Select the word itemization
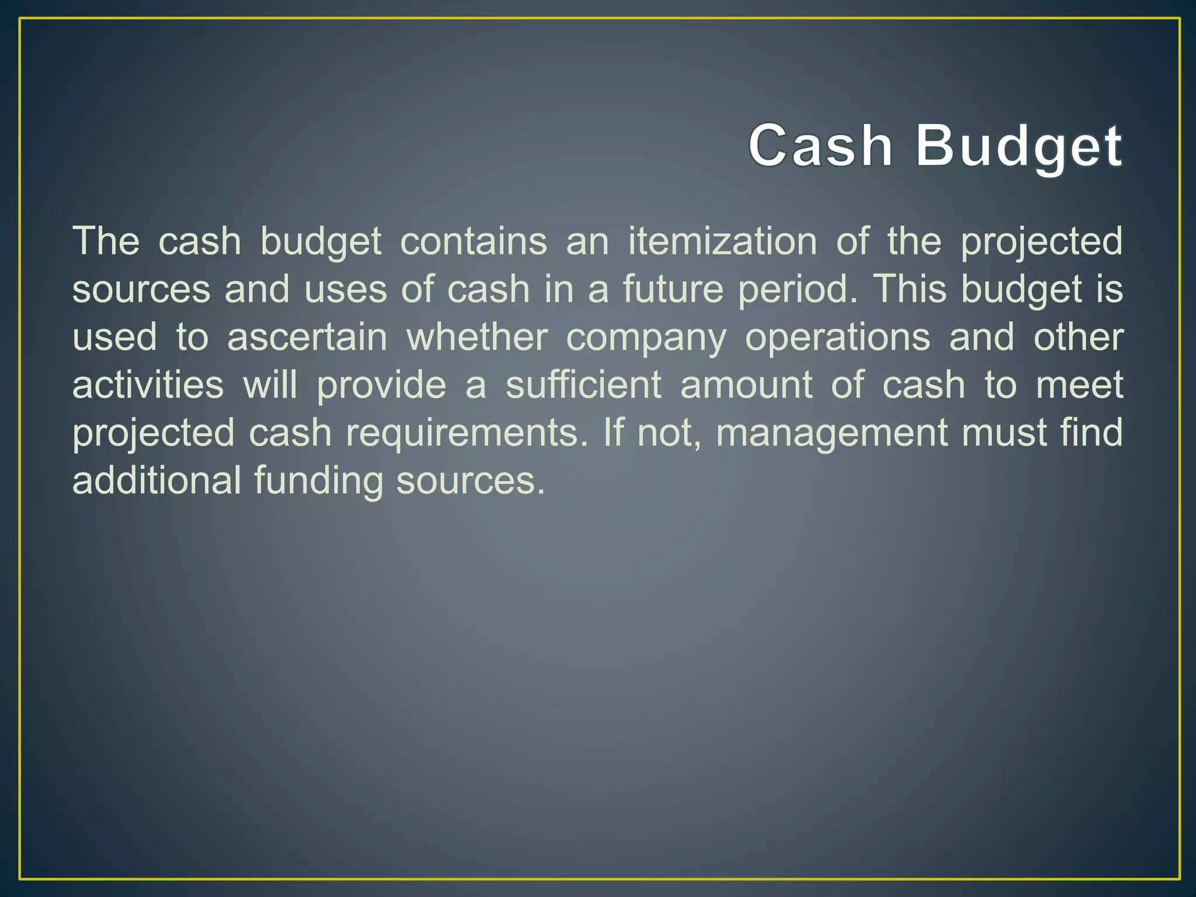[x=722, y=241]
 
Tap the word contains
[x=474, y=241]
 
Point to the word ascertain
[x=307, y=337]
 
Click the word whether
[x=477, y=337]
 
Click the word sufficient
[x=583, y=385]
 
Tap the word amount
[x=746, y=385]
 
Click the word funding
[x=318, y=482]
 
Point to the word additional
[x=157, y=481]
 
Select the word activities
[x=148, y=385]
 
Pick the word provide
[x=381, y=386]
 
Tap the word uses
[x=346, y=290]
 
